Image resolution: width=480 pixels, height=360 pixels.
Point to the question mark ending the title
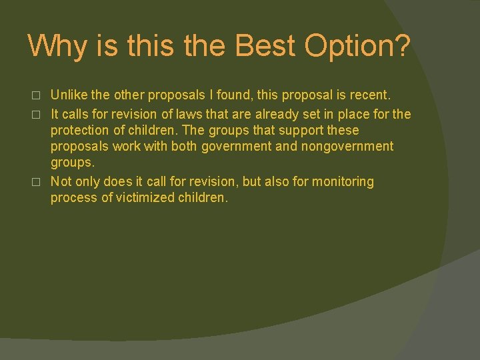click(x=402, y=45)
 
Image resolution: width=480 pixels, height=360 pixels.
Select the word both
click(x=184, y=147)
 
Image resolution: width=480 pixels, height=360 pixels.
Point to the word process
click(x=73, y=198)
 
